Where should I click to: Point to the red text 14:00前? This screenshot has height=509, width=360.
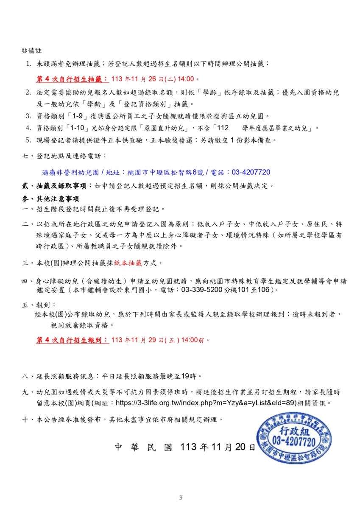point(195,340)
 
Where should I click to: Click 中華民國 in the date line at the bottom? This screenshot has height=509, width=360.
point(143,447)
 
